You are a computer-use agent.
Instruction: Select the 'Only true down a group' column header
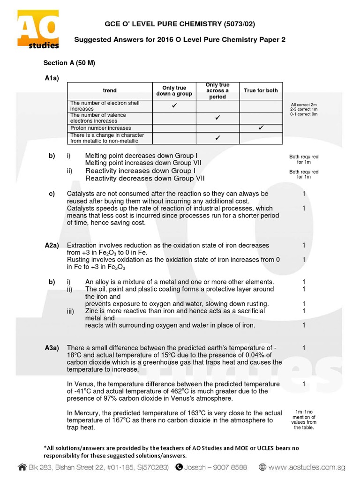coord(174,90)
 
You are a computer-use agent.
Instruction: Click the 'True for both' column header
coord(261,90)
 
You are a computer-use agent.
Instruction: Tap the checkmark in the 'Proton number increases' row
coord(261,127)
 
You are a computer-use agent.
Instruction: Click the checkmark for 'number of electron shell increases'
coord(174,105)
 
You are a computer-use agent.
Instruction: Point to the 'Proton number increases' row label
coord(100,128)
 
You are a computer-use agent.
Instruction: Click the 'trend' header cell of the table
coord(110,90)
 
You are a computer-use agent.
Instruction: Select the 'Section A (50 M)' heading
coord(69,63)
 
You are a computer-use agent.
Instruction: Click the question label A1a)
coord(52,78)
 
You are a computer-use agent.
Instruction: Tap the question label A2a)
coord(52,245)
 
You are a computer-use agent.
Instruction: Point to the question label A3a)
coord(52,348)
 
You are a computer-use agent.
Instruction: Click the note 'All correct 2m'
coord(304,105)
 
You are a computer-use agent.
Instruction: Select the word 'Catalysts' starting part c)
coord(81,194)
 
